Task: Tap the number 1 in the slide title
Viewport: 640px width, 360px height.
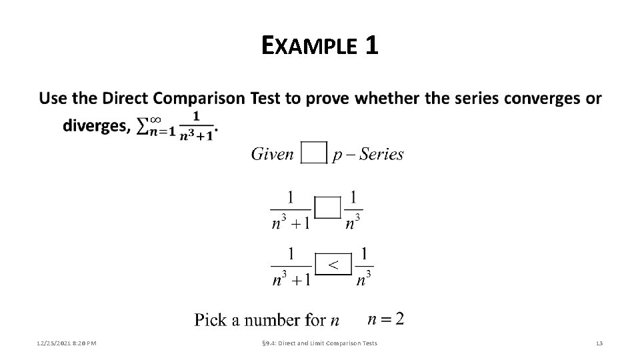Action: tap(371, 46)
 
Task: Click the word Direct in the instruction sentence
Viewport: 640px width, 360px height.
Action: tap(125, 99)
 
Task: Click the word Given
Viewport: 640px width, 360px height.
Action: tap(272, 154)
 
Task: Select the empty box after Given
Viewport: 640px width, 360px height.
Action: tap(314, 152)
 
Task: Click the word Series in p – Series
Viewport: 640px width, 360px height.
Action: tap(380, 154)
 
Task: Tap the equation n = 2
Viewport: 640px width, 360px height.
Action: tap(385, 319)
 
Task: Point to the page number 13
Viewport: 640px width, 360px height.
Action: tap(599, 343)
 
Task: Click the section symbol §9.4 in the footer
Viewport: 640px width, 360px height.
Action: tap(265, 343)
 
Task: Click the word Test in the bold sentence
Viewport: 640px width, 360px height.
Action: tap(265, 99)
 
